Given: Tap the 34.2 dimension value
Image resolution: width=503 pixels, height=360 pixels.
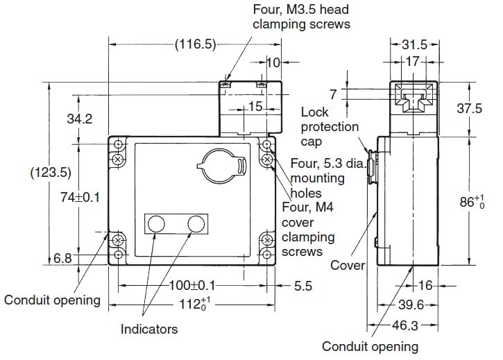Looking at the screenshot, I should tap(79, 119).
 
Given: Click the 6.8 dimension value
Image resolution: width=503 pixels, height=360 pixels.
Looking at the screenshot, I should tap(63, 259).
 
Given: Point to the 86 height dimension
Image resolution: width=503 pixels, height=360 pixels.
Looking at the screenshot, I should tap(474, 202).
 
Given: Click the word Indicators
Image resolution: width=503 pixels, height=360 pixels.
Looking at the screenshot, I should tap(149, 329).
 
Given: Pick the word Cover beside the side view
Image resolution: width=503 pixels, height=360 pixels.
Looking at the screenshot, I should tap(347, 265).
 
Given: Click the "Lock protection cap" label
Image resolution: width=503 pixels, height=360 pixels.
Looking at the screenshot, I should tap(330, 127).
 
